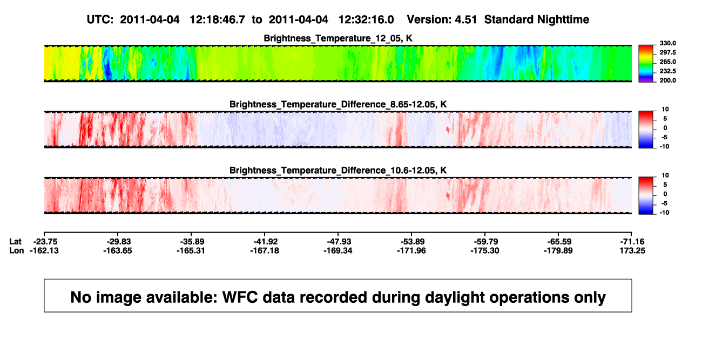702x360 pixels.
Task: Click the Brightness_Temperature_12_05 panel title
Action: point(338,38)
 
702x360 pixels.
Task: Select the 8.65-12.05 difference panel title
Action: point(338,104)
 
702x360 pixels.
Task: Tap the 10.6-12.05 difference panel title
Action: point(338,171)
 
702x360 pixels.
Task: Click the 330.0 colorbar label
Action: point(667,43)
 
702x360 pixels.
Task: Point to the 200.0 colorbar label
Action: point(667,80)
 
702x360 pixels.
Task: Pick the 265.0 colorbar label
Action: point(667,62)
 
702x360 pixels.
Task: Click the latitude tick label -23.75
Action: point(45,242)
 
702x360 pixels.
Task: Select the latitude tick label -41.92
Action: point(266,242)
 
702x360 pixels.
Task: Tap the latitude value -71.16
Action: point(632,242)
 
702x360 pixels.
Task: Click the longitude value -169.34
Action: point(338,250)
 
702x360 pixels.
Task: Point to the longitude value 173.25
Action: point(632,250)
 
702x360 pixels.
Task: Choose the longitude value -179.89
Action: point(558,250)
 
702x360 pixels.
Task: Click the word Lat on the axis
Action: point(15,242)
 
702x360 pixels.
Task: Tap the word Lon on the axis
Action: point(16,250)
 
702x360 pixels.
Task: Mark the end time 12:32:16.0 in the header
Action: point(366,19)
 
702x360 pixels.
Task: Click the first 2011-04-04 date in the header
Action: point(150,19)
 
